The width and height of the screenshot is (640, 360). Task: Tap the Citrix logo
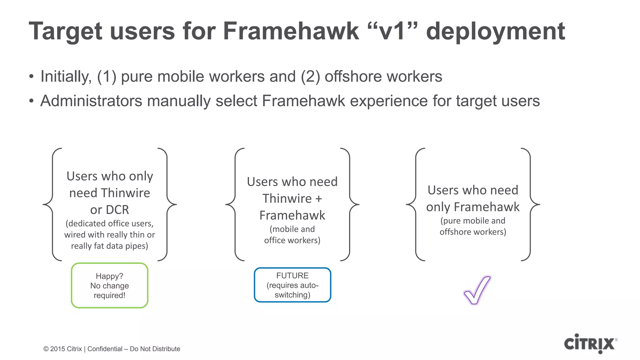coord(590,344)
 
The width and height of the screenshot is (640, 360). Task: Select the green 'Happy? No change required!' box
coord(109,286)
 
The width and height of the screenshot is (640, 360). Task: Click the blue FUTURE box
coord(292,285)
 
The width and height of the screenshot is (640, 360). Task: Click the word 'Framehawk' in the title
coord(291,31)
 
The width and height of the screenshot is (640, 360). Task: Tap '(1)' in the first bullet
coord(107,77)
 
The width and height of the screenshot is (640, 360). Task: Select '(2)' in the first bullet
coord(310,77)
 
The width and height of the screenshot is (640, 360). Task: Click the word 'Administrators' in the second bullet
coord(91,101)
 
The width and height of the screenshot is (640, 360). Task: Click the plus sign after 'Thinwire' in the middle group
coord(319,199)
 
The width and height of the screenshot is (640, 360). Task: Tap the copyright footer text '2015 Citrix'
coord(66,349)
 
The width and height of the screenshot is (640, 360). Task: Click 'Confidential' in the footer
coord(105,349)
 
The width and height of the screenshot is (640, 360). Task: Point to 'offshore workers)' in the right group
coord(472,232)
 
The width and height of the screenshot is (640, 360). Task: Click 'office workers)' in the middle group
coord(292,240)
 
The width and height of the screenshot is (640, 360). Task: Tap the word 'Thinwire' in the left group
coord(125,193)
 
